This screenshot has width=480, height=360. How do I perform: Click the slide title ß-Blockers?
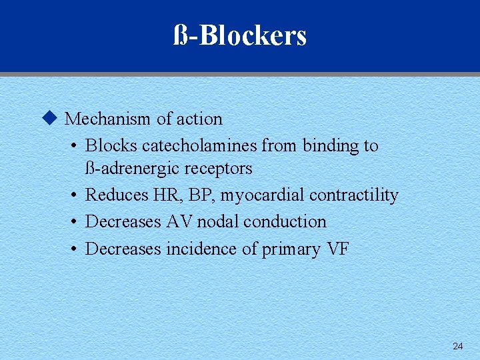(240, 35)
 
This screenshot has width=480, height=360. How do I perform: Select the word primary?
(291, 249)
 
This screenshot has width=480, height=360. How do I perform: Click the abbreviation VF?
(338, 249)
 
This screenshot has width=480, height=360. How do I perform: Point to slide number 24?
(457, 346)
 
